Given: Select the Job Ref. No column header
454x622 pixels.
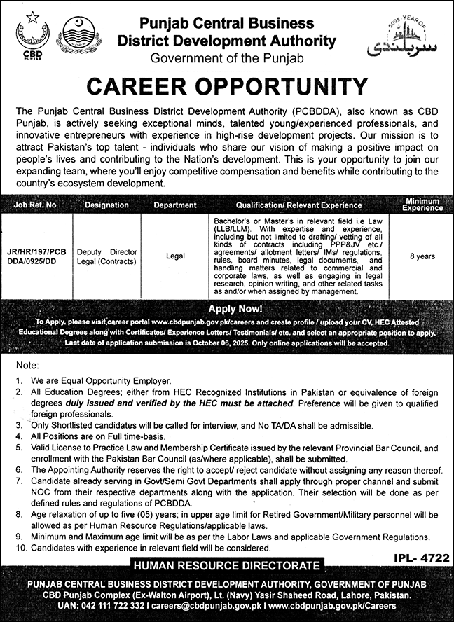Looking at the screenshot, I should (x=40, y=205).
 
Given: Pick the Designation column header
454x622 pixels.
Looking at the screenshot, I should (x=106, y=205).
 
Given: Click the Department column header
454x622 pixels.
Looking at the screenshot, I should (x=174, y=205).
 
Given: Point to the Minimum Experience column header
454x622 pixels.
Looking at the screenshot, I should (x=422, y=205).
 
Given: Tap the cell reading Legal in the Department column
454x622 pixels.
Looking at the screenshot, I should (x=175, y=256).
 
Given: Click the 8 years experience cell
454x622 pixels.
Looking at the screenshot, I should (x=422, y=256).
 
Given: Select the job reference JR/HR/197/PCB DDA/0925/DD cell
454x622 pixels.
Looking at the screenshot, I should (x=40, y=256).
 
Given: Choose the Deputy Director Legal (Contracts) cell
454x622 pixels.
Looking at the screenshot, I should (x=106, y=256).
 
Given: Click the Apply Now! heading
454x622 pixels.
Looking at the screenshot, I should (x=227, y=307).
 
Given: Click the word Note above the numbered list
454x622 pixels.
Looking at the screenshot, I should (x=23, y=366).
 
